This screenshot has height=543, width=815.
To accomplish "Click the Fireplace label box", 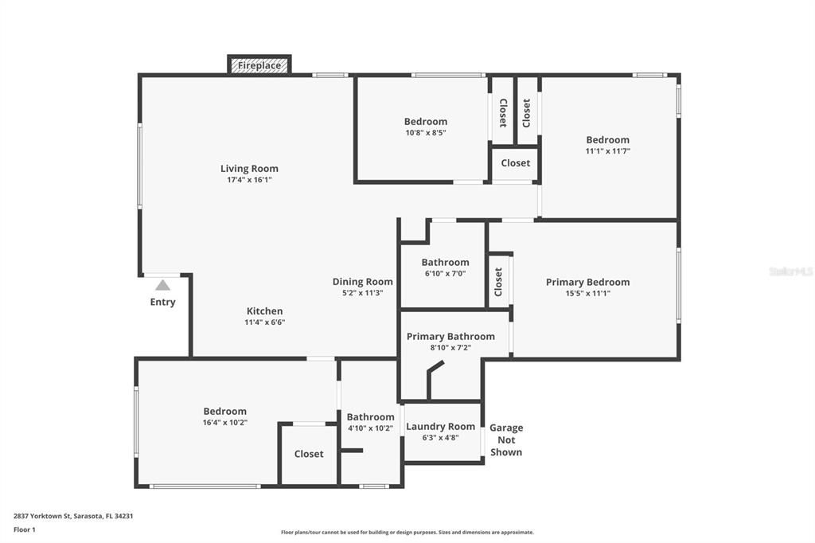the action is point(259,65).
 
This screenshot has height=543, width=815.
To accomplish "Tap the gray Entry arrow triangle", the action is point(162,285).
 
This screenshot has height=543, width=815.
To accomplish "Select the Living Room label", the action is point(249,169).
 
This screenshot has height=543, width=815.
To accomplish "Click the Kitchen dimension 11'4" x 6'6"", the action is point(265,322).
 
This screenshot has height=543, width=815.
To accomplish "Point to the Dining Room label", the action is point(363,282).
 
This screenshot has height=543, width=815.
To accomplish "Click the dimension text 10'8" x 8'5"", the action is point(426,133).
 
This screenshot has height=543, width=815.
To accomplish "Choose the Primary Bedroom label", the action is point(588,282).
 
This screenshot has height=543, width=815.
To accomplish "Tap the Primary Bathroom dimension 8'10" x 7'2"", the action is point(450,348).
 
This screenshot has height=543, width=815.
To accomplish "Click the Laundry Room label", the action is point(441,427).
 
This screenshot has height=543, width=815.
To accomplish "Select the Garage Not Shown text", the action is point(506,440).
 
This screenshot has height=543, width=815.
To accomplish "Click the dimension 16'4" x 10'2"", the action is point(225,423).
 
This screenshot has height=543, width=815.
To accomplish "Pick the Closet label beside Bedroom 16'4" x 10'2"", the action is point(309,454).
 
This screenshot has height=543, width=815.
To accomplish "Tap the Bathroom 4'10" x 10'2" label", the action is point(371,417).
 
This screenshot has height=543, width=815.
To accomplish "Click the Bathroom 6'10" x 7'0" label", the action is point(446,263).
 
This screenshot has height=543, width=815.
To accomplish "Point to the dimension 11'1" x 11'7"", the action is point(608,151).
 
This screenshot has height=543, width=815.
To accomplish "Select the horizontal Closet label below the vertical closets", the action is point(516,163).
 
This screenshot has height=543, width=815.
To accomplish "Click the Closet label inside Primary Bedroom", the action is point(498,282).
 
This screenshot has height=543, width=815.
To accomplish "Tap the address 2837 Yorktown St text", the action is point(41,516).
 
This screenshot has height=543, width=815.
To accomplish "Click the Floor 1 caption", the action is point(25,529).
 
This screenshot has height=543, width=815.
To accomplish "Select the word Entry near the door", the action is point(162,303).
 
